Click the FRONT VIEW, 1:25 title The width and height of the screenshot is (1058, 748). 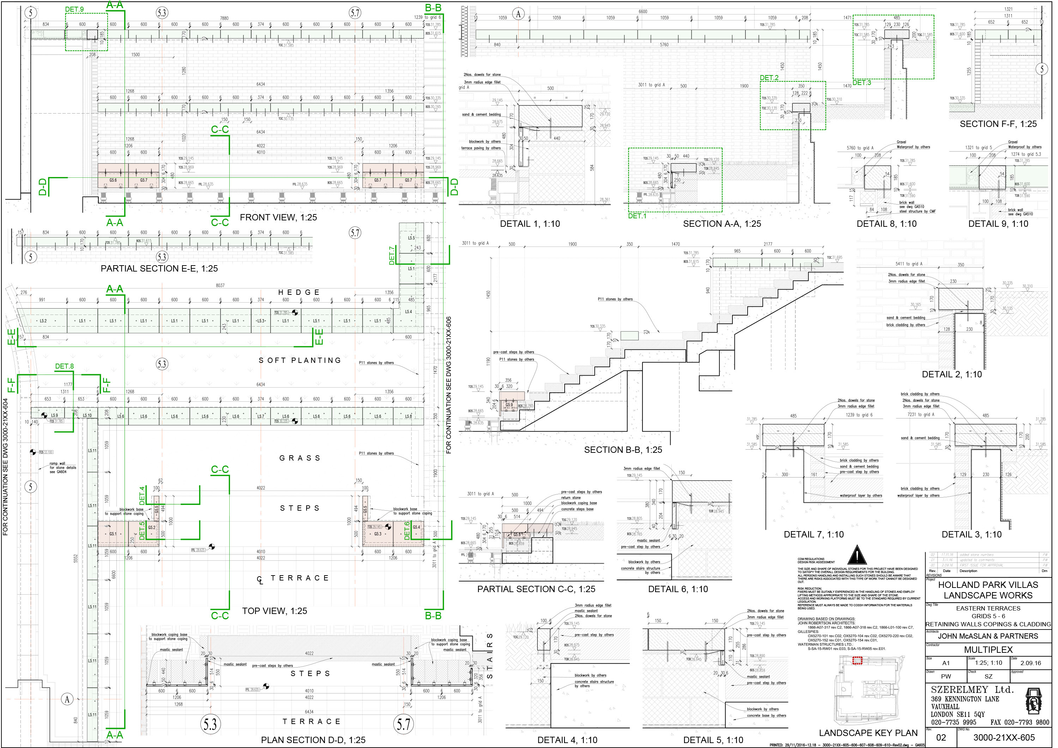(x=278, y=217)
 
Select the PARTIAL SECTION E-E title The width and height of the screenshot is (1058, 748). (x=159, y=268)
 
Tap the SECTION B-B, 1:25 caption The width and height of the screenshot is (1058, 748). (x=623, y=450)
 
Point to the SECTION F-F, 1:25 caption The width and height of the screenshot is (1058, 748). (x=998, y=124)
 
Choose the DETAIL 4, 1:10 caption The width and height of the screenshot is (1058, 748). (x=567, y=740)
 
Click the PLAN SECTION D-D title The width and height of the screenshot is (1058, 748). (x=313, y=740)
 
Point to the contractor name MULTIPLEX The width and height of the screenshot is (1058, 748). (x=989, y=650)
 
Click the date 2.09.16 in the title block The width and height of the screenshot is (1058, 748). (x=1030, y=663)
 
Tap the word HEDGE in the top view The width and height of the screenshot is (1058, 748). (x=298, y=292)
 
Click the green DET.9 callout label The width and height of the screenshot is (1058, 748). (x=74, y=9)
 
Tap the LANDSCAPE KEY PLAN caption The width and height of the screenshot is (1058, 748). (x=868, y=733)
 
